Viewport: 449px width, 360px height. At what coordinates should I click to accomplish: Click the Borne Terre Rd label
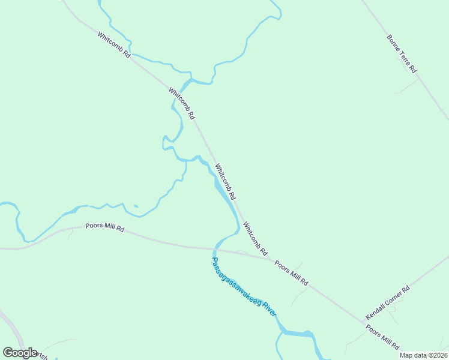[x=402, y=54]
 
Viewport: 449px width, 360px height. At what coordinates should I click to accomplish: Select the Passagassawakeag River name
[x=244, y=287]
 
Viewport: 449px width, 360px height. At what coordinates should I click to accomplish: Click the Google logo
[x=20, y=353]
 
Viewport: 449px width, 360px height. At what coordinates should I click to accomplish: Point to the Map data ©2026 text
[x=423, y=355]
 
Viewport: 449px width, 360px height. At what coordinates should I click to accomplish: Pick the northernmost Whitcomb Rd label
[x=114, y=45]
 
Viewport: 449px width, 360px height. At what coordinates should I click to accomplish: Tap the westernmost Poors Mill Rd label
[x=104, y=227]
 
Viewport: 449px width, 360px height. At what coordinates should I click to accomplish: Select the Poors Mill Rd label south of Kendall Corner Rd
[x=382, y=338]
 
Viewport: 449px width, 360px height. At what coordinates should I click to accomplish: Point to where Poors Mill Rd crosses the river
[x=215, y=248]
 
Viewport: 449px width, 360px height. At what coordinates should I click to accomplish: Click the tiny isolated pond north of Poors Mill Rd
[x=136, y=207]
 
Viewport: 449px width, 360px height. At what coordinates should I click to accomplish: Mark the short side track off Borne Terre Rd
[x=407, y=87]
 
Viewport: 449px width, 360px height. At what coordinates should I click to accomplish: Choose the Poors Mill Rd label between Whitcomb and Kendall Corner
[x=291, y=273]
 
